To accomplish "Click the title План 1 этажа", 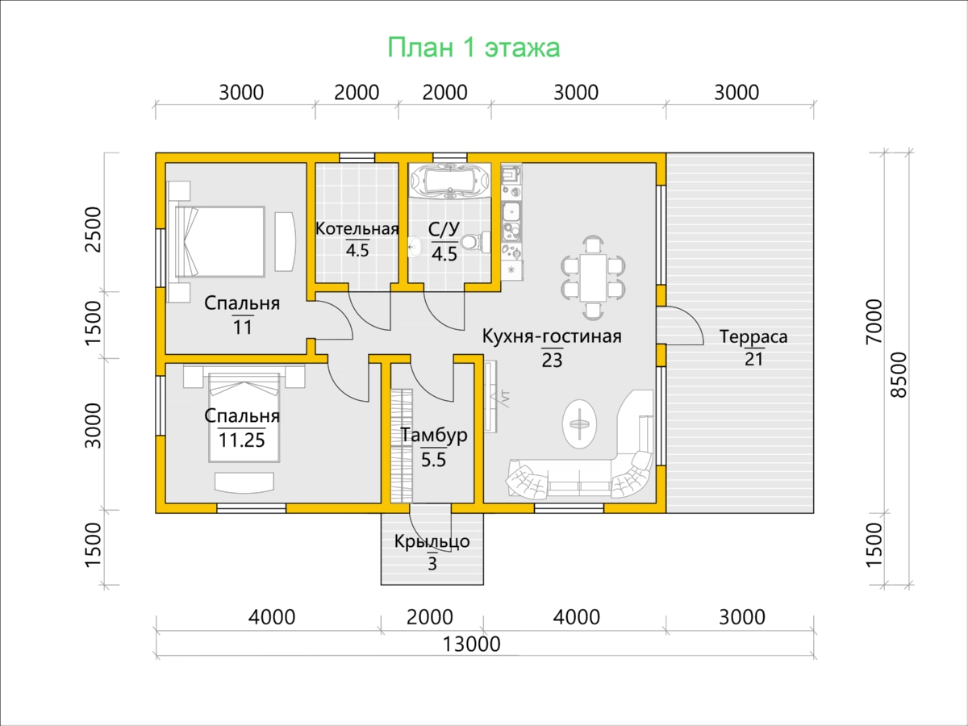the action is click(474, 48).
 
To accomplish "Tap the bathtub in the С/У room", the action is click(449, 180).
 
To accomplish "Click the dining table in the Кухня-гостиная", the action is click(593, 277).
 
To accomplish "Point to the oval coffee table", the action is click(579, 423).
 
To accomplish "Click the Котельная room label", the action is click(357, 229).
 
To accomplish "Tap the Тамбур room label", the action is click(433, 435).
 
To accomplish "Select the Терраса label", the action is click(753, 336).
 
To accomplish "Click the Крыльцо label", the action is click(432, 541).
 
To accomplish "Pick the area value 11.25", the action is click(242, 440).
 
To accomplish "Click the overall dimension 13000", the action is click(471, 645).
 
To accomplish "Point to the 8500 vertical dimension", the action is click(899, 374).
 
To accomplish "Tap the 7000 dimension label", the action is click(874, 321).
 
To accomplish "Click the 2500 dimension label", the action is click(94, 229).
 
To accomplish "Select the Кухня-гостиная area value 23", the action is click(552, 360).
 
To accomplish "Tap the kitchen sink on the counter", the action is click(511, 214).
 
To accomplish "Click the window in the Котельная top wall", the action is click(357, 158).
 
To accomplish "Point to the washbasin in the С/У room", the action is click(415, 248).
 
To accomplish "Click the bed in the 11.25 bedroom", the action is click(244, 417).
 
